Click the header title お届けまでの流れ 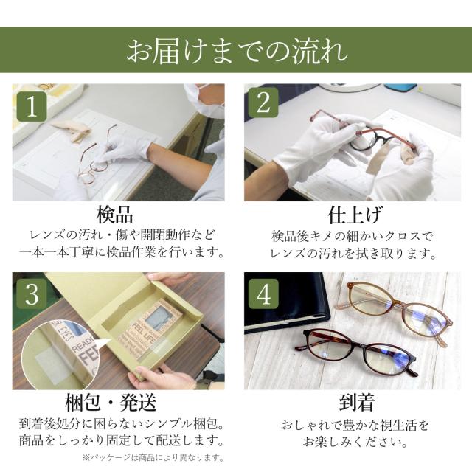coord(237,51)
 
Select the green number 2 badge coord(264,103)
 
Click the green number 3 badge coord(32,294)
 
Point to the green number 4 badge coord(264,294)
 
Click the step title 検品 coord(115,215)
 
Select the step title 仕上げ coord(355,215)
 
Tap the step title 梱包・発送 coord(111,403)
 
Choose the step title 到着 coord(356,403)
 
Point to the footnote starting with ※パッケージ coord(153,458)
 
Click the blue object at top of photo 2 coord(400,87)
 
